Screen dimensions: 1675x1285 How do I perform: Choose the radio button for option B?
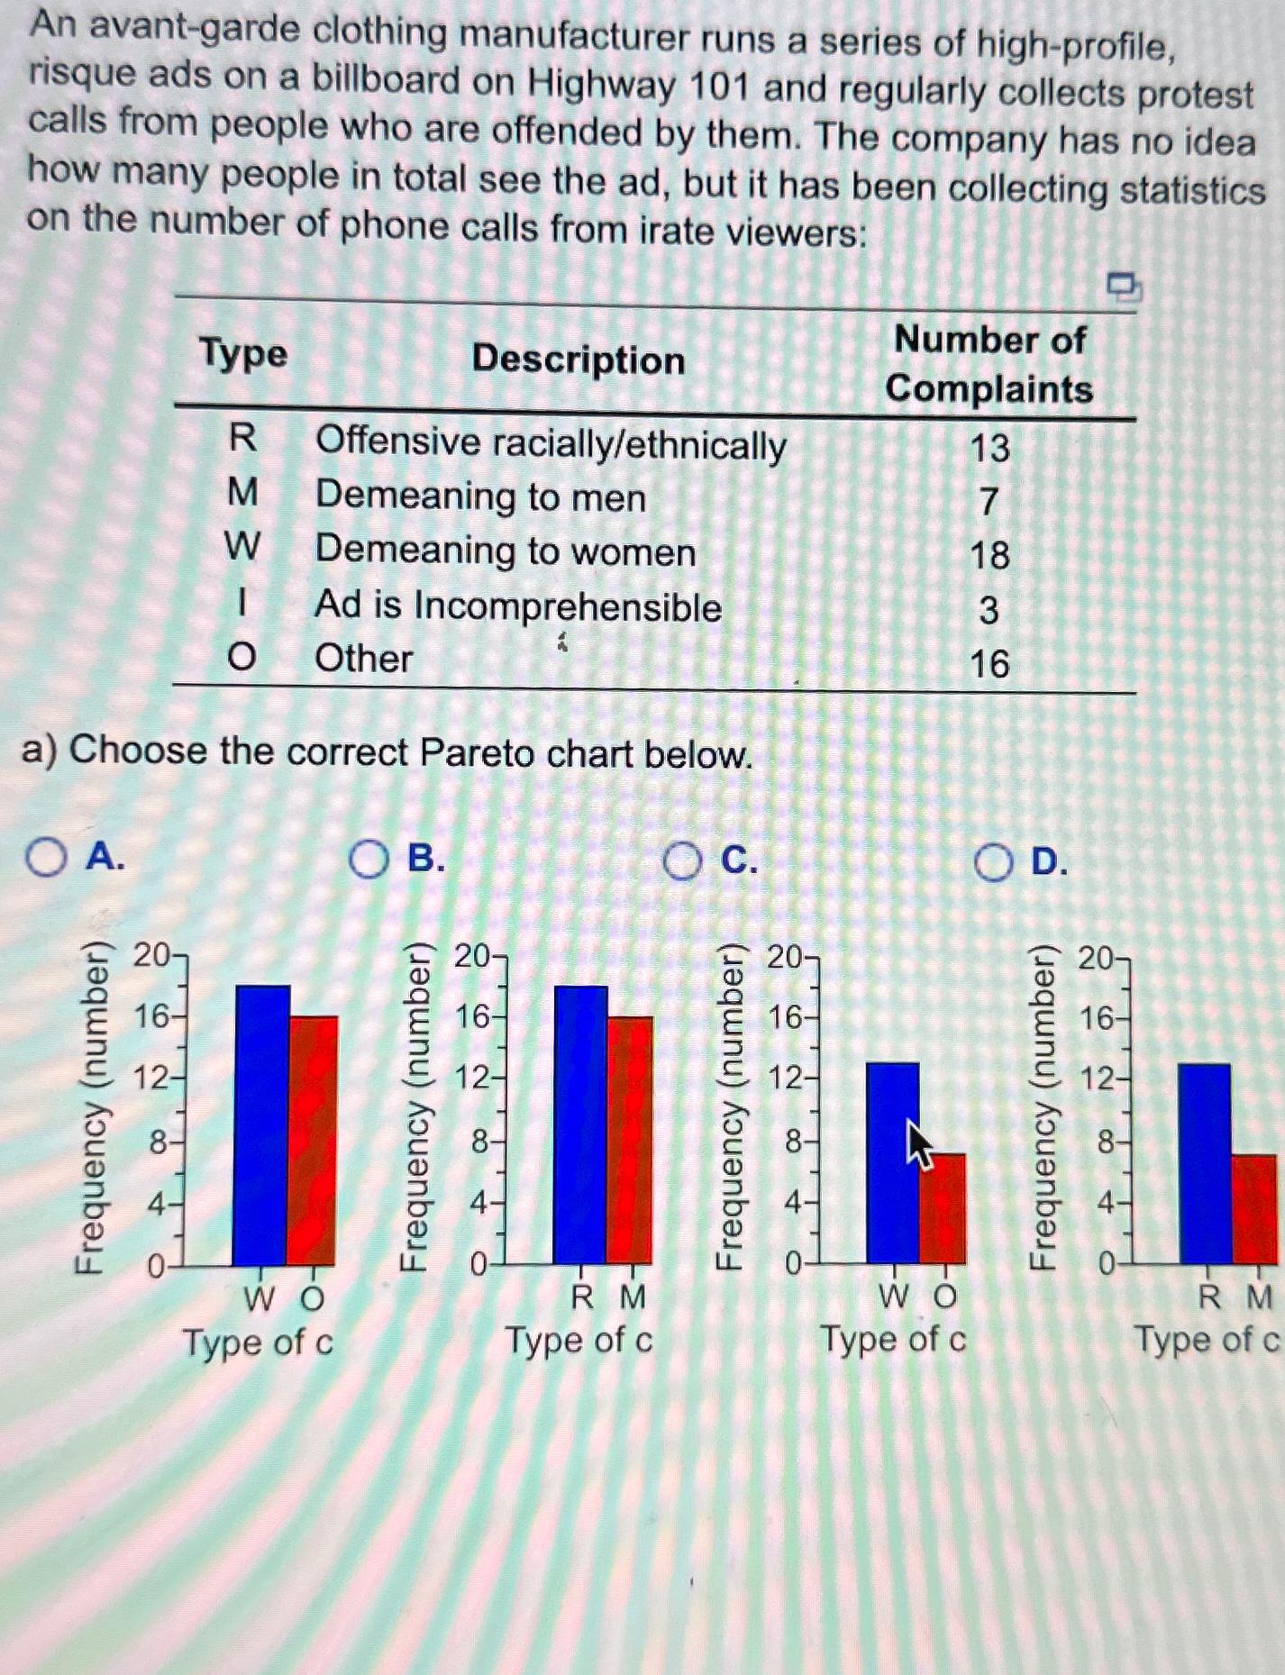pyautogui.click(x=369, y=860)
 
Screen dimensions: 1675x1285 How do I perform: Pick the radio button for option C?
pyautogui.click(x=682, y=862)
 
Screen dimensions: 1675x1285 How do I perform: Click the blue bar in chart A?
pyautogui.click(x=260, y=1126)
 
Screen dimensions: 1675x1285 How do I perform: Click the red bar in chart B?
pyautogui.click(x=630, y=1140)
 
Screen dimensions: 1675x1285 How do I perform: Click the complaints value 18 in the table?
pyautogui.click(x=989, y=555)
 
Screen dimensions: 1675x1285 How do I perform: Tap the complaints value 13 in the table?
pyautogui.click(x=989, y=448)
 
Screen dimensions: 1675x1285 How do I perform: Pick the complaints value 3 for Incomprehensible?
pyautogui.click(x=989, y=610)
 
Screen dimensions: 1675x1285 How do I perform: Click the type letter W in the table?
pyautogui.click(x=242, y=546)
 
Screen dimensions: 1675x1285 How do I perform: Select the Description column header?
pyautogui.click(x=579, y=360)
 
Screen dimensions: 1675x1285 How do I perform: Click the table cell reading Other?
pyautogui.click(x=363, y=659)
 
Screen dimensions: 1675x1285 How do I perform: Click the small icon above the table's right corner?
pyautogui.click(x=1124, y=287)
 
